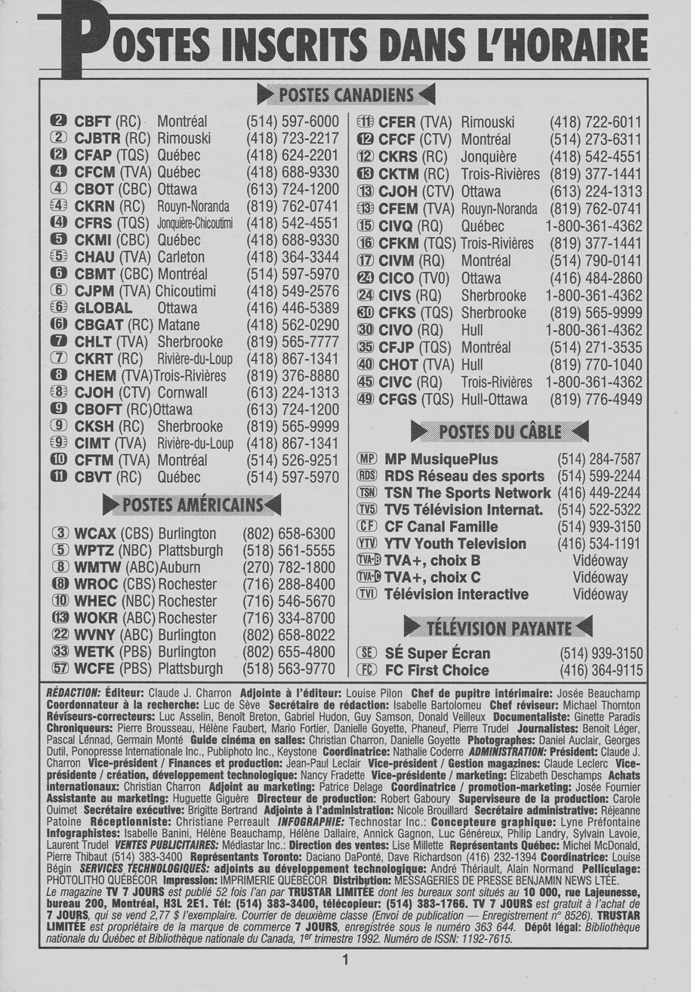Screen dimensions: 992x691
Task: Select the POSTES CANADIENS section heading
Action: pyautogui.click(x=346, y=95)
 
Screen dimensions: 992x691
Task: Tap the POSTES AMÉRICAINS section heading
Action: pyautogui.click(x=192, y=504)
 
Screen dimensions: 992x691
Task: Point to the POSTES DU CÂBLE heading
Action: pyautogui.click(x=499, y=431)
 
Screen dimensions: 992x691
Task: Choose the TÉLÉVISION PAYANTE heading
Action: pyautogui.click(x=498, y=627)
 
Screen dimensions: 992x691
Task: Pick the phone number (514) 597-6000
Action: pyautogui.click(x=292, y=122)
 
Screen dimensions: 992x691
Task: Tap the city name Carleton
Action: pyautogui.click(x=180, y=258)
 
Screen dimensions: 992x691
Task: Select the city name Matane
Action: pyautogui.click(x=179, y=326)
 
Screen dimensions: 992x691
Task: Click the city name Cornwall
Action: pyautogui.click(x=182, y=394)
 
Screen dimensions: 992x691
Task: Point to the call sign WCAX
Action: pyautogui.click(x=95, y=533)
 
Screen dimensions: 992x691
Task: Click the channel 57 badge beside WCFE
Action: pyautogui.click(x=60, y=669)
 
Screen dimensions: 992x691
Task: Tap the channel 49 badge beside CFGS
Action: pyautogui.click(x=366, y=399)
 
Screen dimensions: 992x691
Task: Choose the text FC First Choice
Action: pyautogui.click(x=437, y=670)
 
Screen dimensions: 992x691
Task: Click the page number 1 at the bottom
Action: pyautogui.click(x=345, y=961)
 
